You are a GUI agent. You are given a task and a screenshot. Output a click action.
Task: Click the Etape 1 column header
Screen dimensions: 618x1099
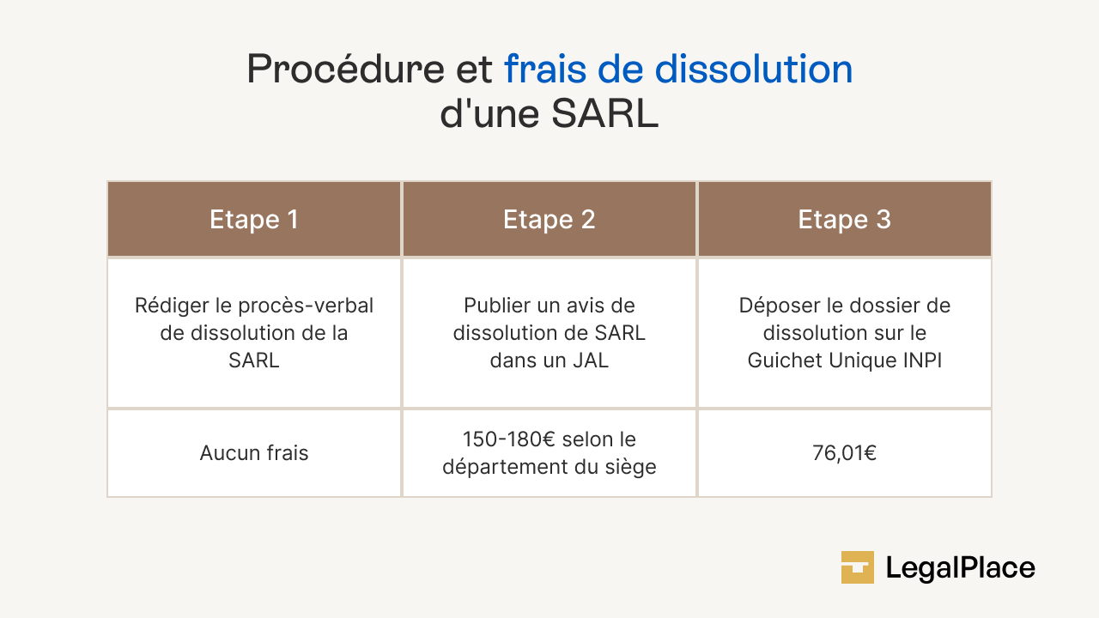254,220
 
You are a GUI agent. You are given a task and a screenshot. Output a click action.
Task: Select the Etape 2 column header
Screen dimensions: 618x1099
549,220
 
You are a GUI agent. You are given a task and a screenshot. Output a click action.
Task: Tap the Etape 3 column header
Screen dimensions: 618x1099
845,220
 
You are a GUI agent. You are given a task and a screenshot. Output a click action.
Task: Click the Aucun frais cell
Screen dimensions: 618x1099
254,453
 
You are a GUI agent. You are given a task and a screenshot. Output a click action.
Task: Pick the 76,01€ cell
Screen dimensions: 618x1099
845,453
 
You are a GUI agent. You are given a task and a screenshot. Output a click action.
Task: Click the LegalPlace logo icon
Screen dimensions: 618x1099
857,567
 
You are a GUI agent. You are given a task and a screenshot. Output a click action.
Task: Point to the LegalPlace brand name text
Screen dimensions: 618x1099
960,568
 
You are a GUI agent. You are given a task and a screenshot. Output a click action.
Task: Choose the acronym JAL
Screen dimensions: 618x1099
591,360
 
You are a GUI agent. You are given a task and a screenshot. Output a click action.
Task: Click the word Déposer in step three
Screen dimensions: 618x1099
774,306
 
